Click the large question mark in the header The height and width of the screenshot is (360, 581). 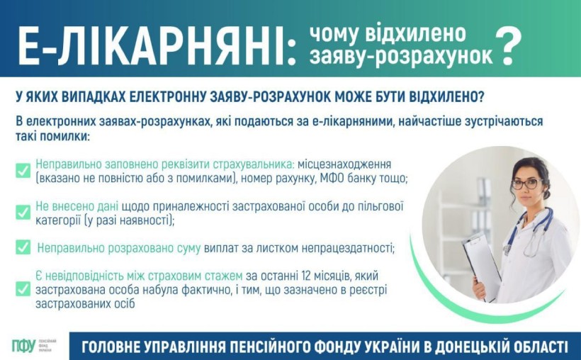[x=508, y=46]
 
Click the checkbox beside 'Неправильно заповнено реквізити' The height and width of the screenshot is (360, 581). [x=23, y=171]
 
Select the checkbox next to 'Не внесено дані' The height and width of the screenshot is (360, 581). [x=23, y=213]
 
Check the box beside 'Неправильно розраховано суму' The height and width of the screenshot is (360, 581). [x=23, y=247]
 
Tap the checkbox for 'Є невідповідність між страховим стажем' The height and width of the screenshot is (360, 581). [x=23, y=289]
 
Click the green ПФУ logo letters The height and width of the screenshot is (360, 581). [x=23, y=346]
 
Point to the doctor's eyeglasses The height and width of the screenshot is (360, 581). [x=527, y=184]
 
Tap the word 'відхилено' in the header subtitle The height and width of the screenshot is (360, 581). [x=415, y=34]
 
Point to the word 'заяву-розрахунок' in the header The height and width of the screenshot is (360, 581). [x=401, y=57]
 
